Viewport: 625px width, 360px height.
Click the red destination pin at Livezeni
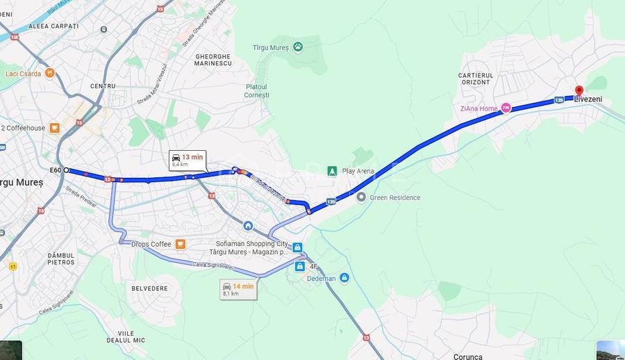(x=579, y=90)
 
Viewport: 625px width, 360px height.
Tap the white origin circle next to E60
(x=67, y=170)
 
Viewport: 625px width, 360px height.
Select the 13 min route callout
(x=187, y=161)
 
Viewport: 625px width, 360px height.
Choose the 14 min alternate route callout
(x=238, y=289)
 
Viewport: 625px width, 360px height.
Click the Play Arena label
(x=358, y=171)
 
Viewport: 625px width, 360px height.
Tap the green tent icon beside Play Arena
(x=333, y=171)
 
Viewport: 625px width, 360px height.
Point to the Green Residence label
(x=395, y=197)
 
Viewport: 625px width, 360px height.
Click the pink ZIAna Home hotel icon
(x=506, y=108)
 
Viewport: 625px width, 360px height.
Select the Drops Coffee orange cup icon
(x=181, y=244)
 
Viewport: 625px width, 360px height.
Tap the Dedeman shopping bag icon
(x=344, y=278)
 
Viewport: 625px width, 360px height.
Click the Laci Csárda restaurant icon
(x=49, y=73)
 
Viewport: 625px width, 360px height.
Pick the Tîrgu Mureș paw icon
(x=298, y=47)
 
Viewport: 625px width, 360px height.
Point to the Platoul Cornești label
(x=257, y=90)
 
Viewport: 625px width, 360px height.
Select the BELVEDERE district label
(x=149, y=288)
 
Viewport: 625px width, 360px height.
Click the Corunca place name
(x=467, y=357)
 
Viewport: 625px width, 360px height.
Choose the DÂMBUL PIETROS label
(x=61, y=259)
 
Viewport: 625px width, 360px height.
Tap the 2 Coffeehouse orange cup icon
(x=55, y=128)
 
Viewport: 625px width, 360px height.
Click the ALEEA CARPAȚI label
(x=53, y=26)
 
